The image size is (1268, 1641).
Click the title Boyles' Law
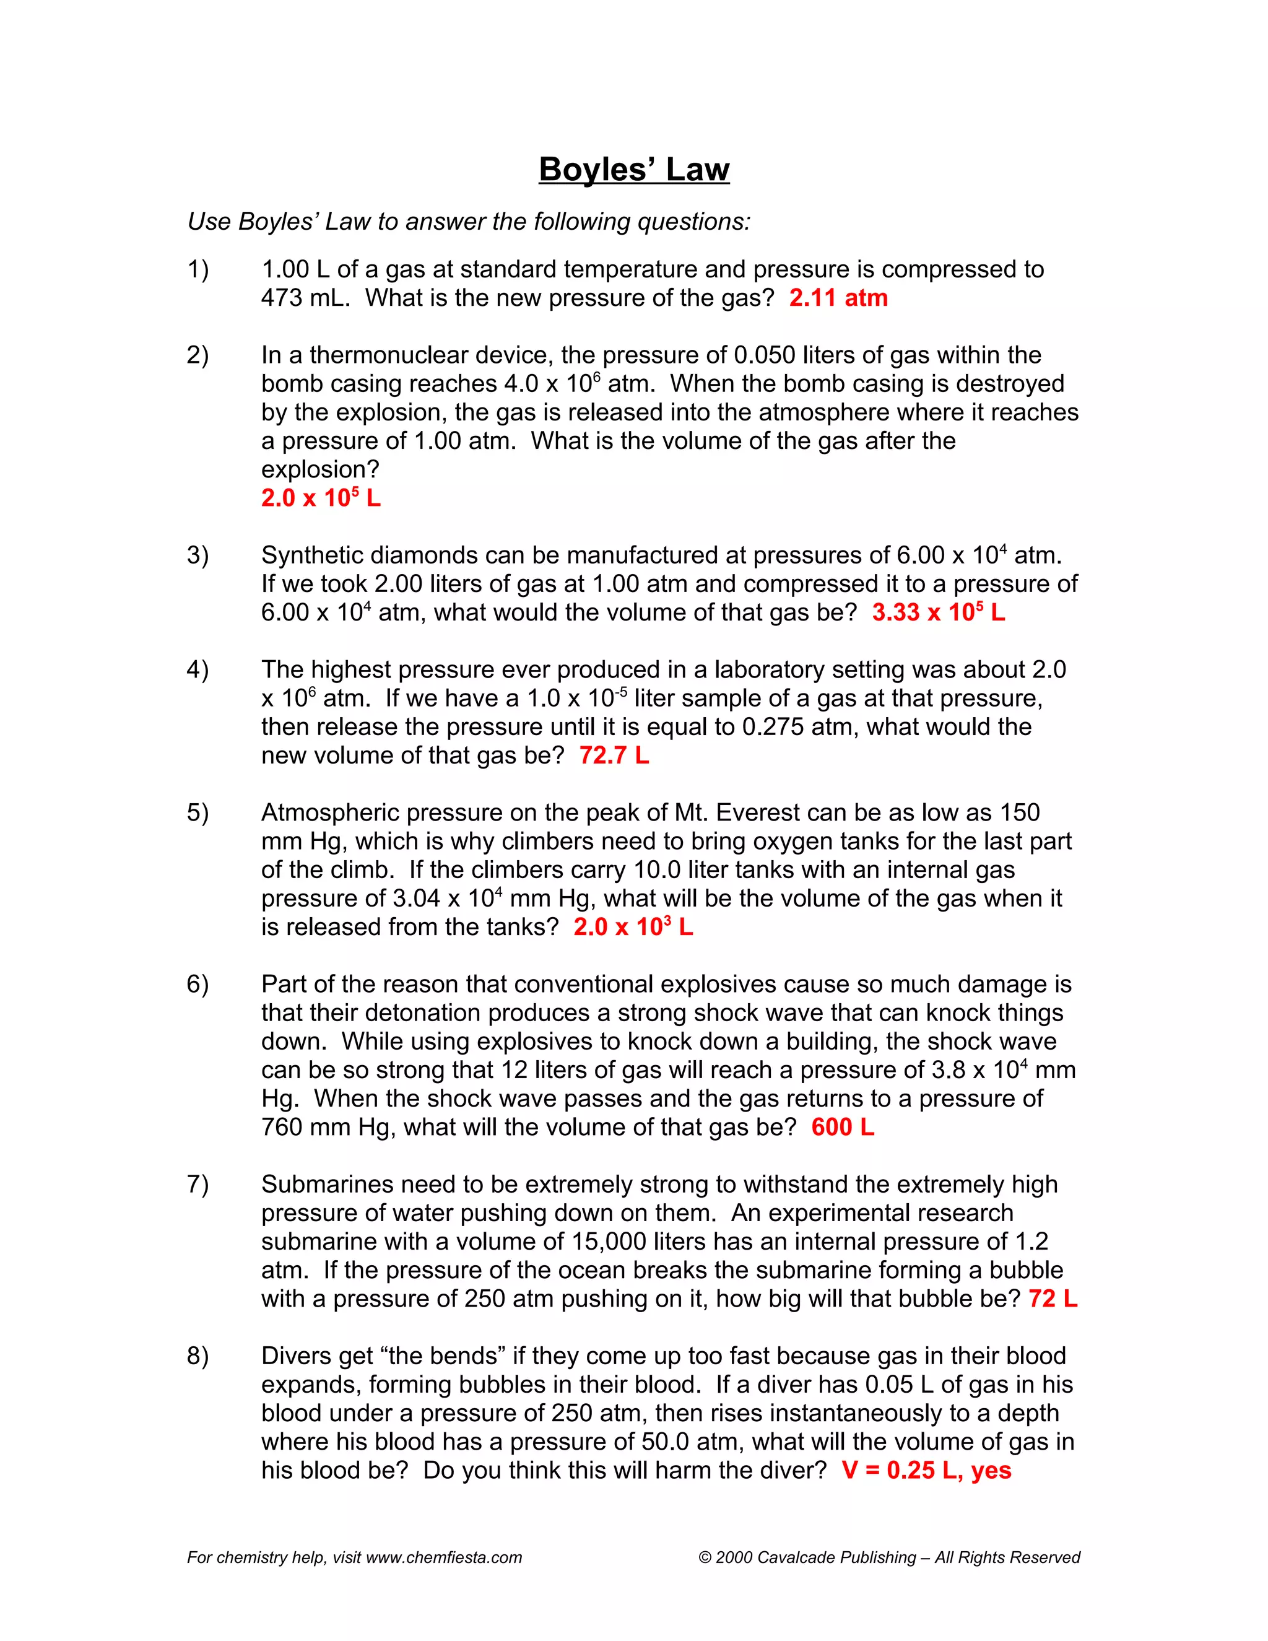click(633, 169)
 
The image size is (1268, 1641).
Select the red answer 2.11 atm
click(838, 298)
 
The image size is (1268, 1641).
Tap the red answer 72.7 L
click(614, 755)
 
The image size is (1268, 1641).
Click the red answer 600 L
click(843, 1127)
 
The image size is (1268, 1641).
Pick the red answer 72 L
click(1053, 1299)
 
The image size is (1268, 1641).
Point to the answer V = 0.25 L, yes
click(926, 1471)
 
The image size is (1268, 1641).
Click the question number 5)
click(198, 813)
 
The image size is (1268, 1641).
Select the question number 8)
click(198, 1356)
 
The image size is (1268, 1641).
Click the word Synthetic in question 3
click(313, 555)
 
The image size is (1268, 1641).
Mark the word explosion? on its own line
click(320, 469)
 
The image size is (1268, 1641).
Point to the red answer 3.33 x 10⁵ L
click(938, 613)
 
